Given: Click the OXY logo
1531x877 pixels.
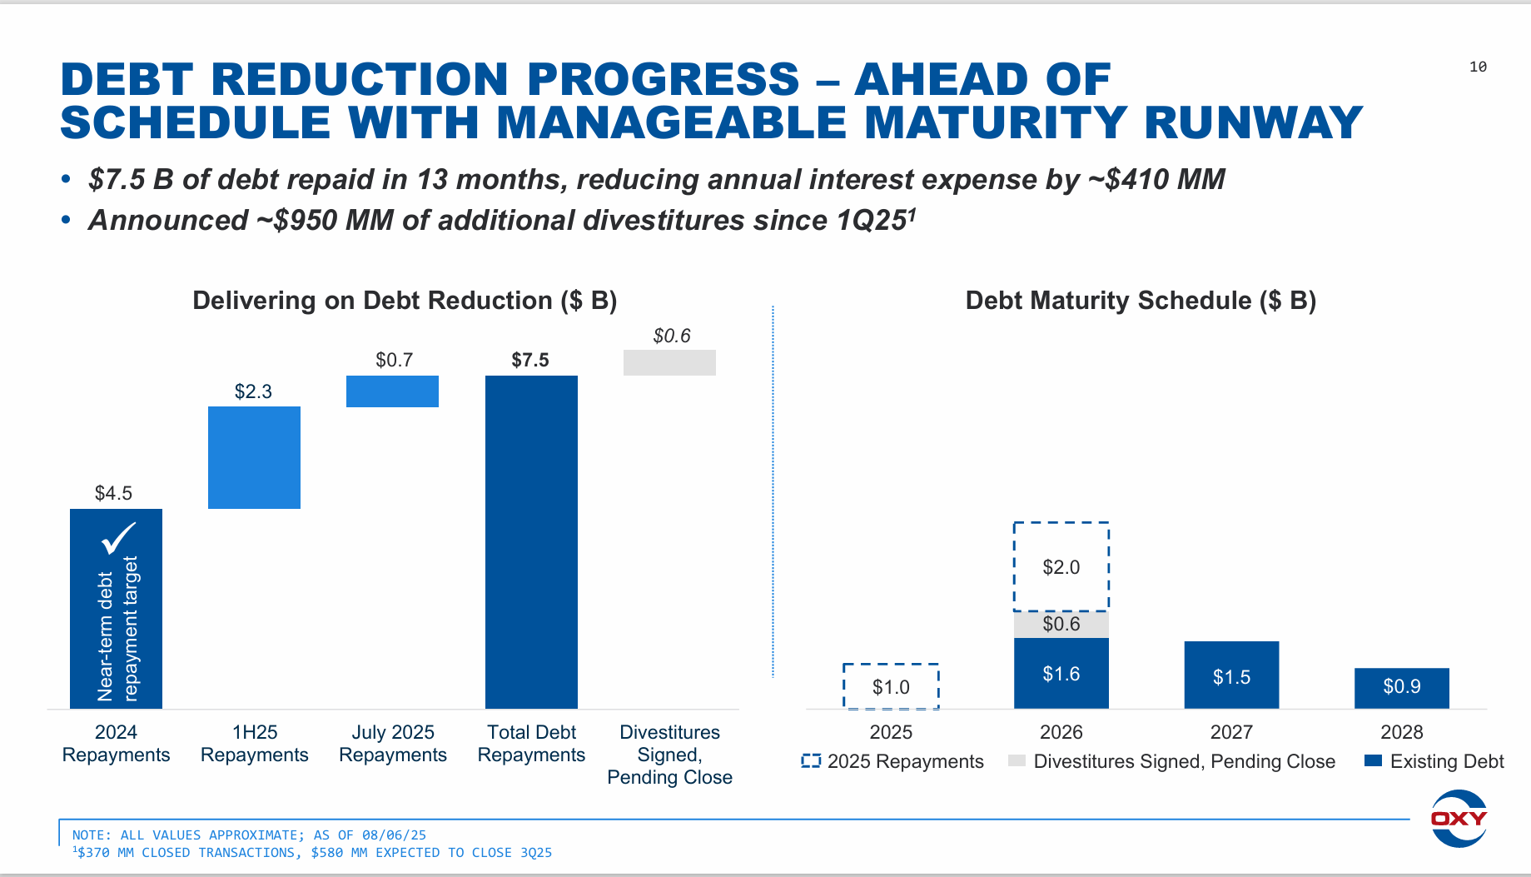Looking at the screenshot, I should tap(1459, 818).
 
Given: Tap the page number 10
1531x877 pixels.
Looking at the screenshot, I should tap(1478, 67).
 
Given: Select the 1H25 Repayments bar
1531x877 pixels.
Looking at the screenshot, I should tap(254, 457).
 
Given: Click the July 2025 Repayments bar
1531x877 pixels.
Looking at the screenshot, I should tap(392, 391).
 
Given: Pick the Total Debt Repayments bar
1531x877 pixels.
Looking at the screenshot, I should tap(531, 541).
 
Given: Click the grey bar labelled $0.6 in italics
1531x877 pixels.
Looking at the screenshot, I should tap(669, 362).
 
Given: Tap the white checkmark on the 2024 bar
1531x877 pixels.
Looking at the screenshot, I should tap(118, 538).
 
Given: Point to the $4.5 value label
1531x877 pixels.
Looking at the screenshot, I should tap(113, 493).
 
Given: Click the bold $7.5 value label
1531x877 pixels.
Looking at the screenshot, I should tap(530, 360).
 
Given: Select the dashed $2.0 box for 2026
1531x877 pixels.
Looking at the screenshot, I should tap(1061, 567).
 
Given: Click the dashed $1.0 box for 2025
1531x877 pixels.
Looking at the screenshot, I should tap(891, 687).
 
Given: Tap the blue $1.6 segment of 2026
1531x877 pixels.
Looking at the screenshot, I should tap(1061, 673).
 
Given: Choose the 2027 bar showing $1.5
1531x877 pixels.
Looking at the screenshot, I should tap(1231, 675).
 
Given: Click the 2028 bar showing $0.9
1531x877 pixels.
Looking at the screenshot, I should tap(1401, 687).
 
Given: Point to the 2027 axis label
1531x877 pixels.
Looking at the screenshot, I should tap(1231, 732).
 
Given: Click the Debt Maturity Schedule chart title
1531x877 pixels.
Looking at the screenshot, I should tap(1141, 301).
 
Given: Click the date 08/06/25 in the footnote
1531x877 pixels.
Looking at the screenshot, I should tap(394, 835).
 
